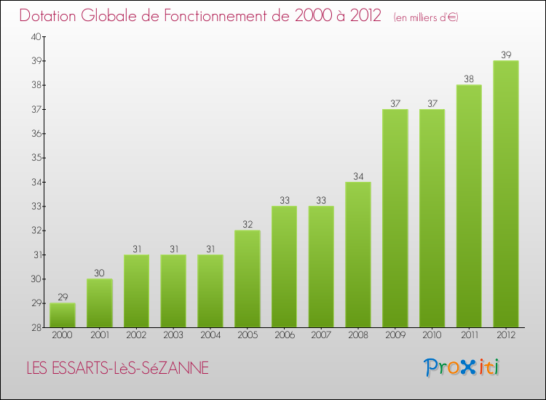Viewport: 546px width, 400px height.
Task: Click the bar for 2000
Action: (x=63, y=315)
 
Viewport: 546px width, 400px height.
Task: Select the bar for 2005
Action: (x=248, y=279)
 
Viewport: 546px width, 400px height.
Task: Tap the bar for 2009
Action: (x=395, y=218)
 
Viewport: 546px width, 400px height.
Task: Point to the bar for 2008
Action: (x=358, y=255)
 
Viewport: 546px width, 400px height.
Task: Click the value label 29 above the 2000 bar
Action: (x=63, y=297)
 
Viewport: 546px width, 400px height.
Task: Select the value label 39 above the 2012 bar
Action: (x=506, y=55)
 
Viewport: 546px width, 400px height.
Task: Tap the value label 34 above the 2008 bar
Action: (x=358, y=176)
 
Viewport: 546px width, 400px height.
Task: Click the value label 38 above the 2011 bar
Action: (x=469, y=79)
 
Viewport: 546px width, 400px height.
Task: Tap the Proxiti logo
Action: (x=462, y=367)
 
